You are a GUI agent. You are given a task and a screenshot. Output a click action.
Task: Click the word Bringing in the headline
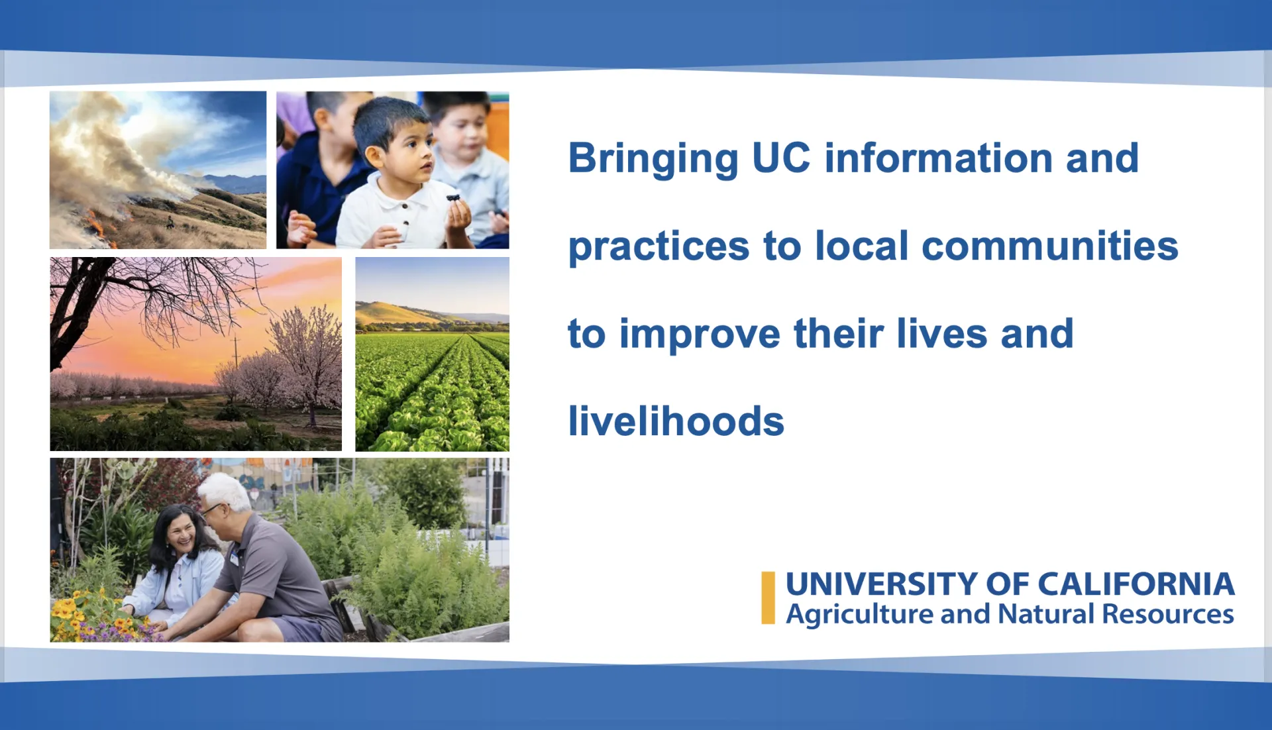653,160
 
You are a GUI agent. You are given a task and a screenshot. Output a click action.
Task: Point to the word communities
1050,246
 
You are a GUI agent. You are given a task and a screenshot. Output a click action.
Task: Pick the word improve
700,335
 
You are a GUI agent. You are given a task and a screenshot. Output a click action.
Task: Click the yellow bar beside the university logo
768,598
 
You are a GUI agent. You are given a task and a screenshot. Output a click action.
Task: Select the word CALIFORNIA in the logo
1136,584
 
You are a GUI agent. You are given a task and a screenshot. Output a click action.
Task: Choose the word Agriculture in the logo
859,615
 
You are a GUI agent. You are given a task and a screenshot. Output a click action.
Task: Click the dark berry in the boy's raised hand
453,197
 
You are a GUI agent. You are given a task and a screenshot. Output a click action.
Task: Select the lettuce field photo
432,354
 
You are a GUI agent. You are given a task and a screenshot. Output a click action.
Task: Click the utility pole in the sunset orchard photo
236,361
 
